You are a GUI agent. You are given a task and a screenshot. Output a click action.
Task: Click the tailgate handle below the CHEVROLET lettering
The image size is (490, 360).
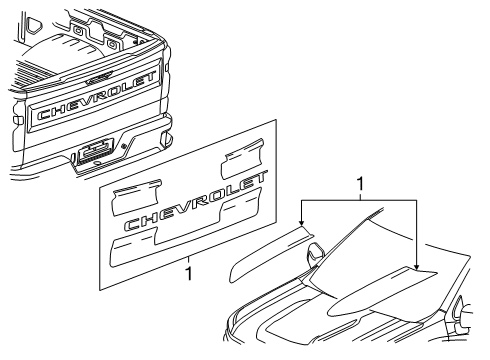point(97,151)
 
